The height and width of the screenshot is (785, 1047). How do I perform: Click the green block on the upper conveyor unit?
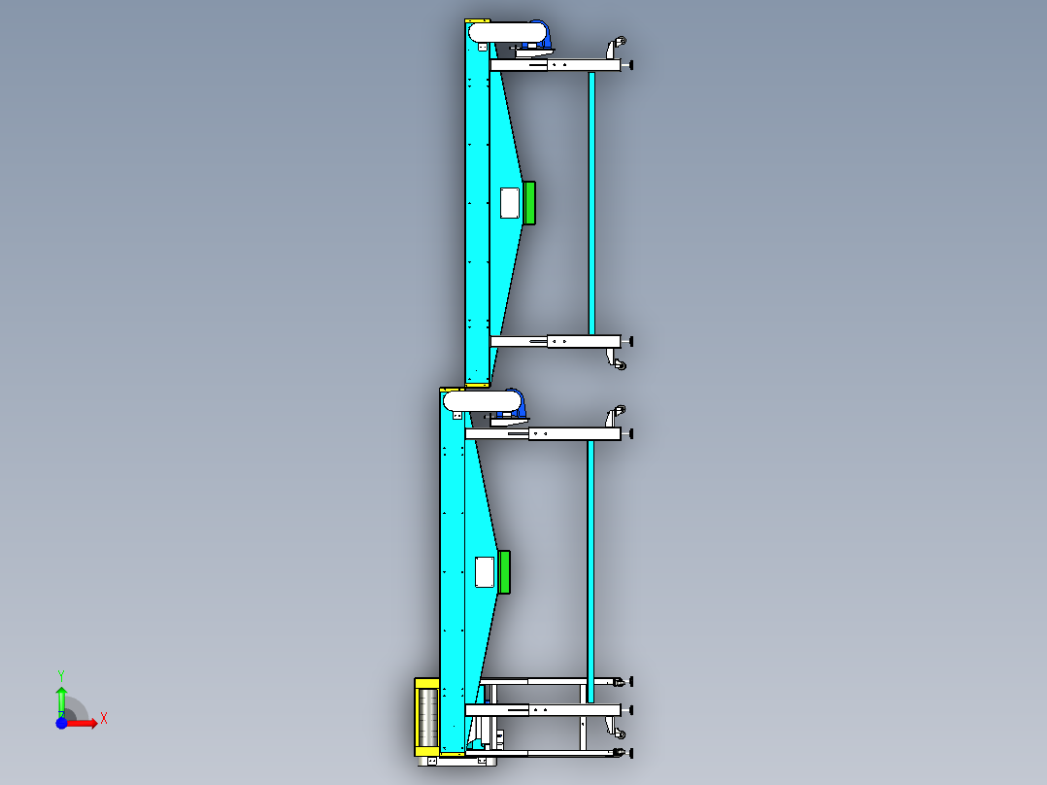click(528, 203)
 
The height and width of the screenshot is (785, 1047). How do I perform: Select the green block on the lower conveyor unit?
click(504, 572)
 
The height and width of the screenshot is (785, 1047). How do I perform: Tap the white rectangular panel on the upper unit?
click(510, 203)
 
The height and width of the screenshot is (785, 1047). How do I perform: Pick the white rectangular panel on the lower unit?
click(485, 572)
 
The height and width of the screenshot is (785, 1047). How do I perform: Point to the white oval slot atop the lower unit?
click(482, 401)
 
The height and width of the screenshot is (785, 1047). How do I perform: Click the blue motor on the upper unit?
click(540, 35)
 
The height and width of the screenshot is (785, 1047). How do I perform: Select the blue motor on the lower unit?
click(516, 404)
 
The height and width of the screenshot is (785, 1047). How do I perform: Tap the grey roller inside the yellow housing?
click(428, 718)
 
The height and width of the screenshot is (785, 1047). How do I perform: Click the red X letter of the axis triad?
click(104, 719)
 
